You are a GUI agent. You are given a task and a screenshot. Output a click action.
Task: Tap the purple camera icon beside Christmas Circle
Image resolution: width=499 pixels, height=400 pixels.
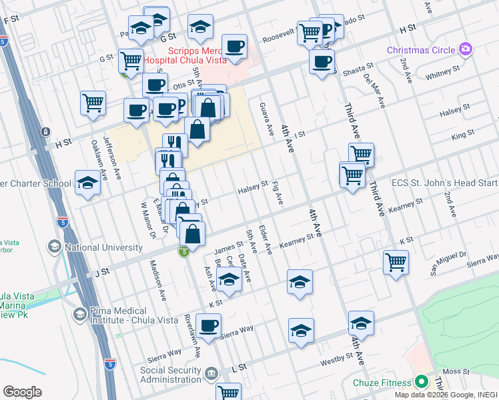click(x=465, y=49)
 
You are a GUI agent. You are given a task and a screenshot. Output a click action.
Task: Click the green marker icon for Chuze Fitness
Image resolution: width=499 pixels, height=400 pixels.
click(x=421, y=383)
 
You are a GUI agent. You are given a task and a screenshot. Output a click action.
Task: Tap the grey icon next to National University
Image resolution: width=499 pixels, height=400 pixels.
click(x=53, y=247)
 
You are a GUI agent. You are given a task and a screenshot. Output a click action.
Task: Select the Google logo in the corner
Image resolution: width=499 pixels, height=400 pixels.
click(x=22, y=392)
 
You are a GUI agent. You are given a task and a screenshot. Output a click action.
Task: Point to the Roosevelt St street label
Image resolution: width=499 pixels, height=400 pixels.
click(x=276, y=33)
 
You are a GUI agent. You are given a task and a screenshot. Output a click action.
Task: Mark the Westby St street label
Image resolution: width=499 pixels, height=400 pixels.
click(x=337, y=358)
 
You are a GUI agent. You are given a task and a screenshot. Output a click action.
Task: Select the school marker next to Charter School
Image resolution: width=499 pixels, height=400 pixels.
click(x=87, y=183)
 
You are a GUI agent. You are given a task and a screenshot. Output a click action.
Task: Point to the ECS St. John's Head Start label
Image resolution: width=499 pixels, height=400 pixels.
click(x=444, y=183)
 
